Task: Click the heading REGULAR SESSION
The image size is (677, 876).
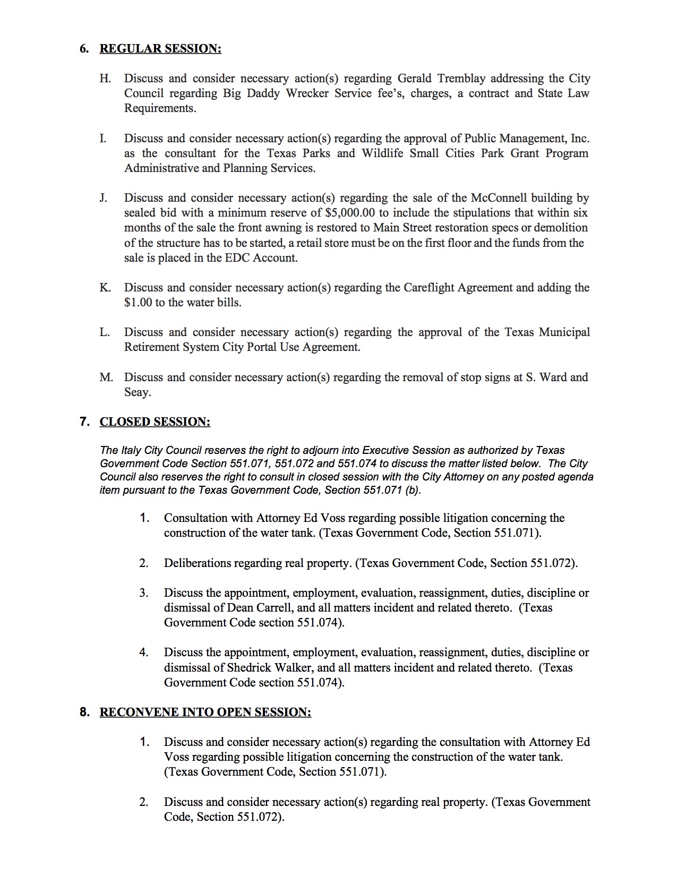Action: tap(160, 49)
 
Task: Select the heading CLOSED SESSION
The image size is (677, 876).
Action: tap(155, 422)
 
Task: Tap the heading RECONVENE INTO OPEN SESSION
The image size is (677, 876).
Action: tap(205, 712)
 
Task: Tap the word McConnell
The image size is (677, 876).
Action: tap(499, 198)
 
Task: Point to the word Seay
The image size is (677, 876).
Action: tap(138, 392)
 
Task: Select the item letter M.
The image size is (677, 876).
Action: tap(106, 377)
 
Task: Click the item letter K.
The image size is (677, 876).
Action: tap(105, 288)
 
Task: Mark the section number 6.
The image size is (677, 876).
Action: tap(84, 49)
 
